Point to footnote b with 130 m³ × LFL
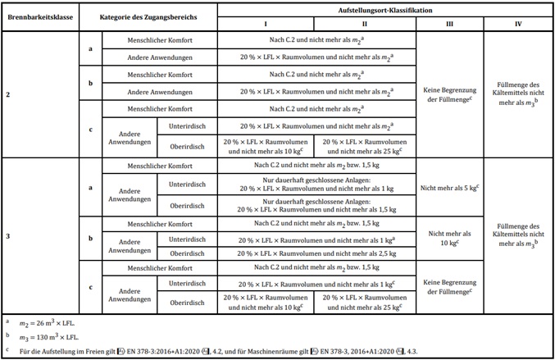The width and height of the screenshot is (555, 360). click(74, 336)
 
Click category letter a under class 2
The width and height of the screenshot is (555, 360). click(89, 48)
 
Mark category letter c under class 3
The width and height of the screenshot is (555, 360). click(89, 285)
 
